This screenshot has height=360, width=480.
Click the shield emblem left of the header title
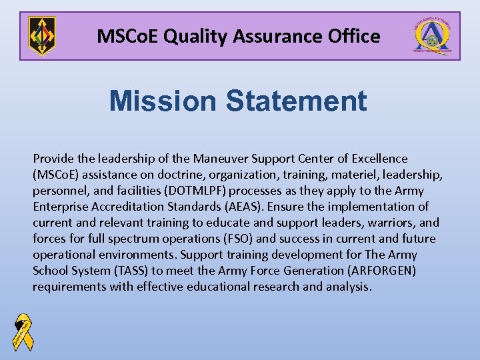pyautogui.click(x=41, y=36)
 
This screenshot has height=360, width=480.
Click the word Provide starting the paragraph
pyautogui.click(x=53, y=159)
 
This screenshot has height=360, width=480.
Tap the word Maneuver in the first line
pyautogui.click(x=219, y=159)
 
